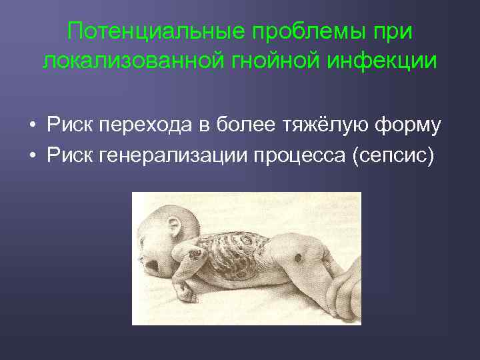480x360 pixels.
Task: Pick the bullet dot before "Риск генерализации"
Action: (x=31, y=156)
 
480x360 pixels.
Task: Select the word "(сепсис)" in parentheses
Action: (x=401, y=156)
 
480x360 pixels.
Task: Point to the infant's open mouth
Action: (x=152, y=266)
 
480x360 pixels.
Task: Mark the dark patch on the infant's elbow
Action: (x=196, y=253)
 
